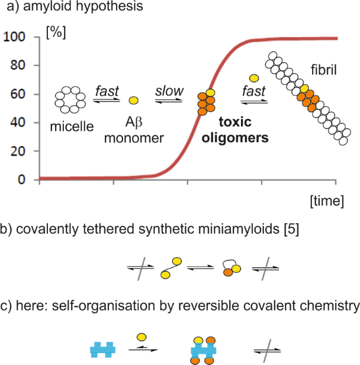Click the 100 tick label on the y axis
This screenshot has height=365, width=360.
point(14,37)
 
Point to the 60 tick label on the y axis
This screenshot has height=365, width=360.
point(18,94)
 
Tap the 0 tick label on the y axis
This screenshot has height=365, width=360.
point(21,179)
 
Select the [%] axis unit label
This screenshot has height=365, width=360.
point(56,33)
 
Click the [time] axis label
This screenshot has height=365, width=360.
point(327,201)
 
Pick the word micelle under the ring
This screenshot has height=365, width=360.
point(72,127)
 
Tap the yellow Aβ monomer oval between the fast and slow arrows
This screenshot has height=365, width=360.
point(133,101)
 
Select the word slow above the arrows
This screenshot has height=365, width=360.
point(169,91)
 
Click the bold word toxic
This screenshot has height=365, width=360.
point(235,122)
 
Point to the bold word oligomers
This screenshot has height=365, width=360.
point(235,138)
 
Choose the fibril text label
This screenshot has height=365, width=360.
point(324,70)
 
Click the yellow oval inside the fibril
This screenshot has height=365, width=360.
point(304,89)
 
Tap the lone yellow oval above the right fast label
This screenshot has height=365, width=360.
point(254,78)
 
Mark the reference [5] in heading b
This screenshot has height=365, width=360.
point(291,229)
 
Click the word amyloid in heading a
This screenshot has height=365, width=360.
point(48,6)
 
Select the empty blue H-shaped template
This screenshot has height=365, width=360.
point(103,350)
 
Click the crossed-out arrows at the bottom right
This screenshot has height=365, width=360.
point(267,351)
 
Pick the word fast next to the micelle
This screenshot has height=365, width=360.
point(107,91)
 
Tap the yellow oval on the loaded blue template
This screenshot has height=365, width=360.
point(198,340)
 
